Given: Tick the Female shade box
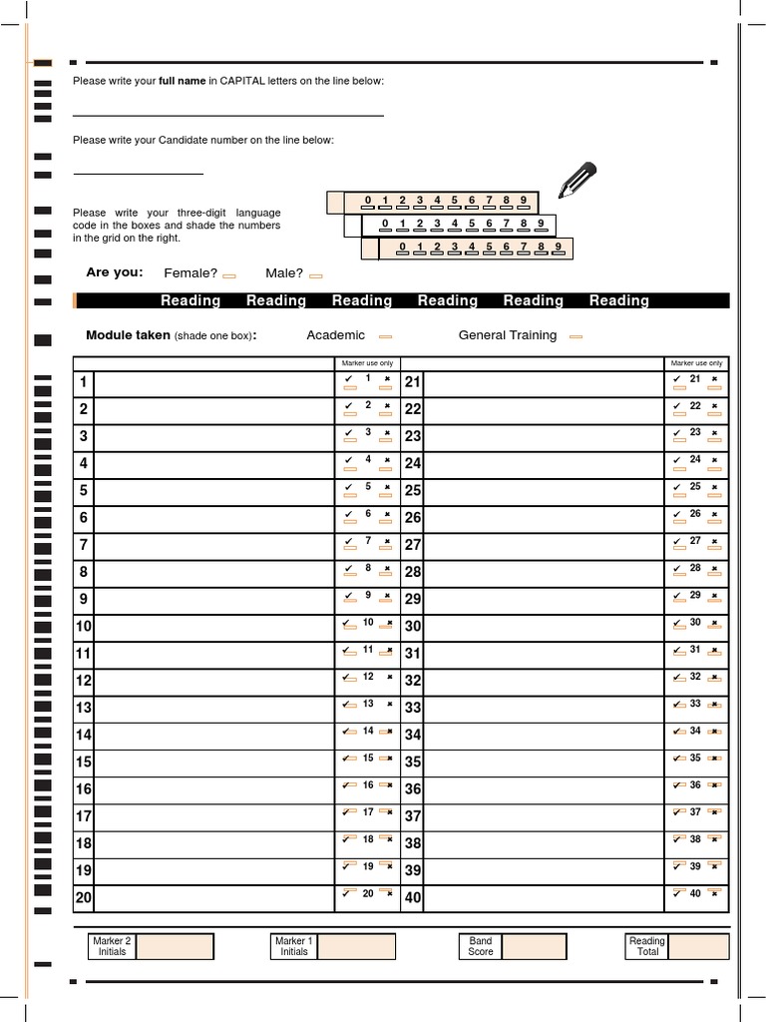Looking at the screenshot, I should [229, 275].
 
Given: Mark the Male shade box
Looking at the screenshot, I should [316, 275].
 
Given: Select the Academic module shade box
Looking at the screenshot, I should [385, 337].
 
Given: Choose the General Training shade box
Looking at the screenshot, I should [575, 337].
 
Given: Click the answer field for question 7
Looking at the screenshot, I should [213, 545].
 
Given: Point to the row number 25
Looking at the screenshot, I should [413, 491].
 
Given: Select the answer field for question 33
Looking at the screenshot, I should [544, 708].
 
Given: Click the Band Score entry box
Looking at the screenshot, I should [534, 947].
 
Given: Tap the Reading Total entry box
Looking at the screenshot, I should [698, 947].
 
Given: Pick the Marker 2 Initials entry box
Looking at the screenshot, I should [175, 947].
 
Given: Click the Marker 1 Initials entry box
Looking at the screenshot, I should [357, 947].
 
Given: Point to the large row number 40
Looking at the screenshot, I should [413, 898].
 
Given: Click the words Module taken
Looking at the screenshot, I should [128, 335].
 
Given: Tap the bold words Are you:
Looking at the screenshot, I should [115, 272].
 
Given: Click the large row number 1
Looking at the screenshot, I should [84, 382].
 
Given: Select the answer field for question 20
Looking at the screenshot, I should [213, 897].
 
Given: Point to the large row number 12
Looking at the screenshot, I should [84, 681].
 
